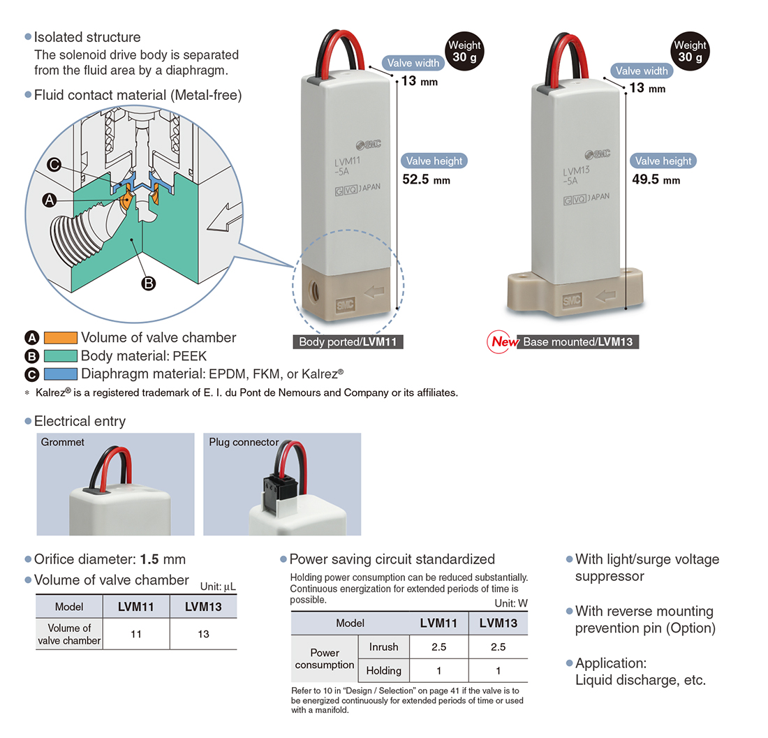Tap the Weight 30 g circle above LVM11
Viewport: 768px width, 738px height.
[x=464, y=51]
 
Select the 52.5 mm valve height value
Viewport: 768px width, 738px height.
[x=426, y=179]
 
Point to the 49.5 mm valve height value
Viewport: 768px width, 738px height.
[x=656, y=179]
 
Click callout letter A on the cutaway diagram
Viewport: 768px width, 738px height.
[x=49, y=200]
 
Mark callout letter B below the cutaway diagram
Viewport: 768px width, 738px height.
[x=149, y=283]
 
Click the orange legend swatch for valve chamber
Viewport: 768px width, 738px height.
[x=60, y=338]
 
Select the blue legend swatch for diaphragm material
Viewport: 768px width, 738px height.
[x=60, y=374]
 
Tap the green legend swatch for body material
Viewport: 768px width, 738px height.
[x=60, y=356]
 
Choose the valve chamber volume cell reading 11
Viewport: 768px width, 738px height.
[x=136, y=634]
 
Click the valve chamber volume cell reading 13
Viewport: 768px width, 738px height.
[x=202, y=634]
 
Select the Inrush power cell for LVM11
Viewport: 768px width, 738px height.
[x=438, y=647]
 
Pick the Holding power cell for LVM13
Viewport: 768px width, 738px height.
[x=498, y=670]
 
